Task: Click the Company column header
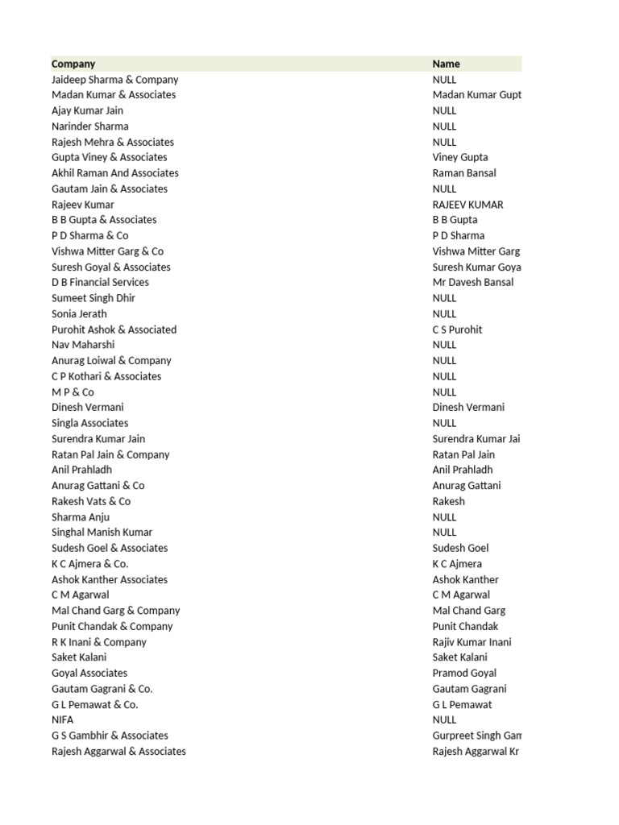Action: [73, 64]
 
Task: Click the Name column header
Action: [447, 64]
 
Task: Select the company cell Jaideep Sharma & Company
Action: [115, 80]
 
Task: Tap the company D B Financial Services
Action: [100, 282]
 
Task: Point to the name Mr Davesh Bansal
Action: [473, 282]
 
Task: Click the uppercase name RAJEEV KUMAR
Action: [467, 205]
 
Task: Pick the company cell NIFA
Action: [63, 719]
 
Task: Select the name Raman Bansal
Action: [464, 173]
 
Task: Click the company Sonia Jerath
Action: [79, 313]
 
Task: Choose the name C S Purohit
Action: [458, 330]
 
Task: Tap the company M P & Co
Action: [73, 392]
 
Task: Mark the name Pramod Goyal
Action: [464, 673]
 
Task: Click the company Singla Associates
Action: [90, 423]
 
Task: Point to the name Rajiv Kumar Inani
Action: [472, 642]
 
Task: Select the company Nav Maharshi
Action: [83, 345]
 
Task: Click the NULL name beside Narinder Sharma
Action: [444, 126]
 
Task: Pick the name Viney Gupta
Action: [460, 157]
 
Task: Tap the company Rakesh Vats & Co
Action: [91, 501]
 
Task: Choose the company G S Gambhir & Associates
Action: [110, 736]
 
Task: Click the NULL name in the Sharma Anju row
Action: [444, 517]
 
